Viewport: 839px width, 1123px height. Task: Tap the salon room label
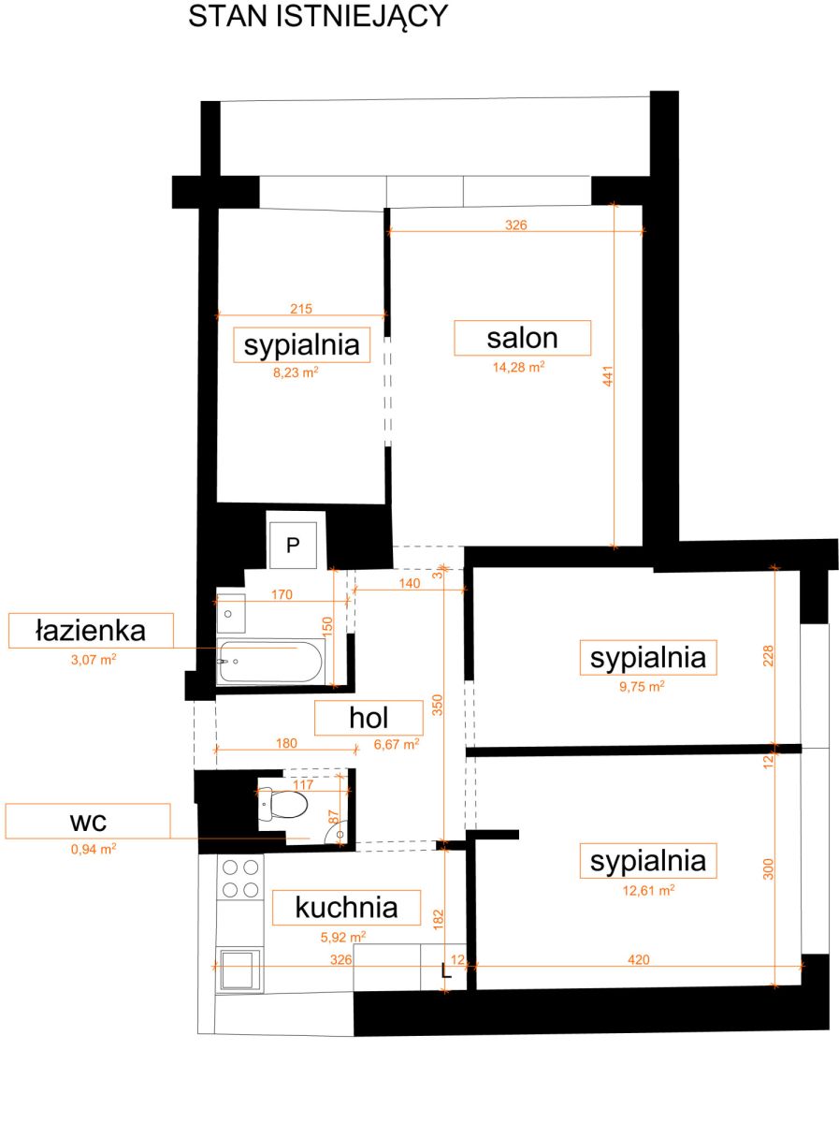click(x=522, y=338)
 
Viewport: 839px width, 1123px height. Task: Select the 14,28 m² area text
click(x=518, y=367)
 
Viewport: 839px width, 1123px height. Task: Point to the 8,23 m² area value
click(x=296, y=372)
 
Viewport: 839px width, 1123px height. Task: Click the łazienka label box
click(x=91, y=631)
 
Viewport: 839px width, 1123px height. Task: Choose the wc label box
click(x=87, y=821)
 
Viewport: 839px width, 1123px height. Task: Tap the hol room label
click(x=369, y=718)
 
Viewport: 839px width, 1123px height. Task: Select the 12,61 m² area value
click(x=648, y=891)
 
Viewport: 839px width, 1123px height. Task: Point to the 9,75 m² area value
click(x=642, y=686)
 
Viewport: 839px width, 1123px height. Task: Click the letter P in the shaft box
click(x=293, y=546)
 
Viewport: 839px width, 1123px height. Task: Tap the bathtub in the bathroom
click(x=270, y=662)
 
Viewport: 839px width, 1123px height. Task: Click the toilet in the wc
click(x=282, y=803)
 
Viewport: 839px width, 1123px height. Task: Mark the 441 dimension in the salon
click(x=607, y=376)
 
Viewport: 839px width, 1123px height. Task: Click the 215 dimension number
click(x=301, y=309)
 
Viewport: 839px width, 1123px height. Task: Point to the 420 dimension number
click(x=639, y=959)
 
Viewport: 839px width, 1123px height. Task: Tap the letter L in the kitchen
click(x=446, y=970)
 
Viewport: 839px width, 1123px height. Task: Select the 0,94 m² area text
click(x=94, y=850)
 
